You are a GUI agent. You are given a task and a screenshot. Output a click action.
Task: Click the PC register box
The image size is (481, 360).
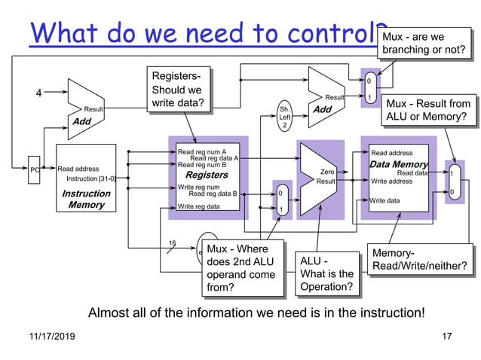(34, 169)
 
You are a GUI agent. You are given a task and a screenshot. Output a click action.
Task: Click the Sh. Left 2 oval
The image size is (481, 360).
(284, 117)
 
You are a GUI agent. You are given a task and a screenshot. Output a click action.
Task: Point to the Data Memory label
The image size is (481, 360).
(398, 164)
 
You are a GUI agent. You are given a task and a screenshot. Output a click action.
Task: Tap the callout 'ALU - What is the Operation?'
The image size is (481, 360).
(326, 273)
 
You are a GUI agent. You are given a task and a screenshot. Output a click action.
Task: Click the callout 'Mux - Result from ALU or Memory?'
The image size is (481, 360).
(428, 110)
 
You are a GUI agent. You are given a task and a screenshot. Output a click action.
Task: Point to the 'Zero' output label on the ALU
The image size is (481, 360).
(327, 172)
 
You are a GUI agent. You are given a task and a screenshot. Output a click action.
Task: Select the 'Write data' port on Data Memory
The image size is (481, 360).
(385, 200)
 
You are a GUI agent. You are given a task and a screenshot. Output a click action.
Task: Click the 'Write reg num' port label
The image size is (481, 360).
(198, 187)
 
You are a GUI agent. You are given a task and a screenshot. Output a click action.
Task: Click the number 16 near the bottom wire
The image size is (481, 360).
(172, 243)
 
